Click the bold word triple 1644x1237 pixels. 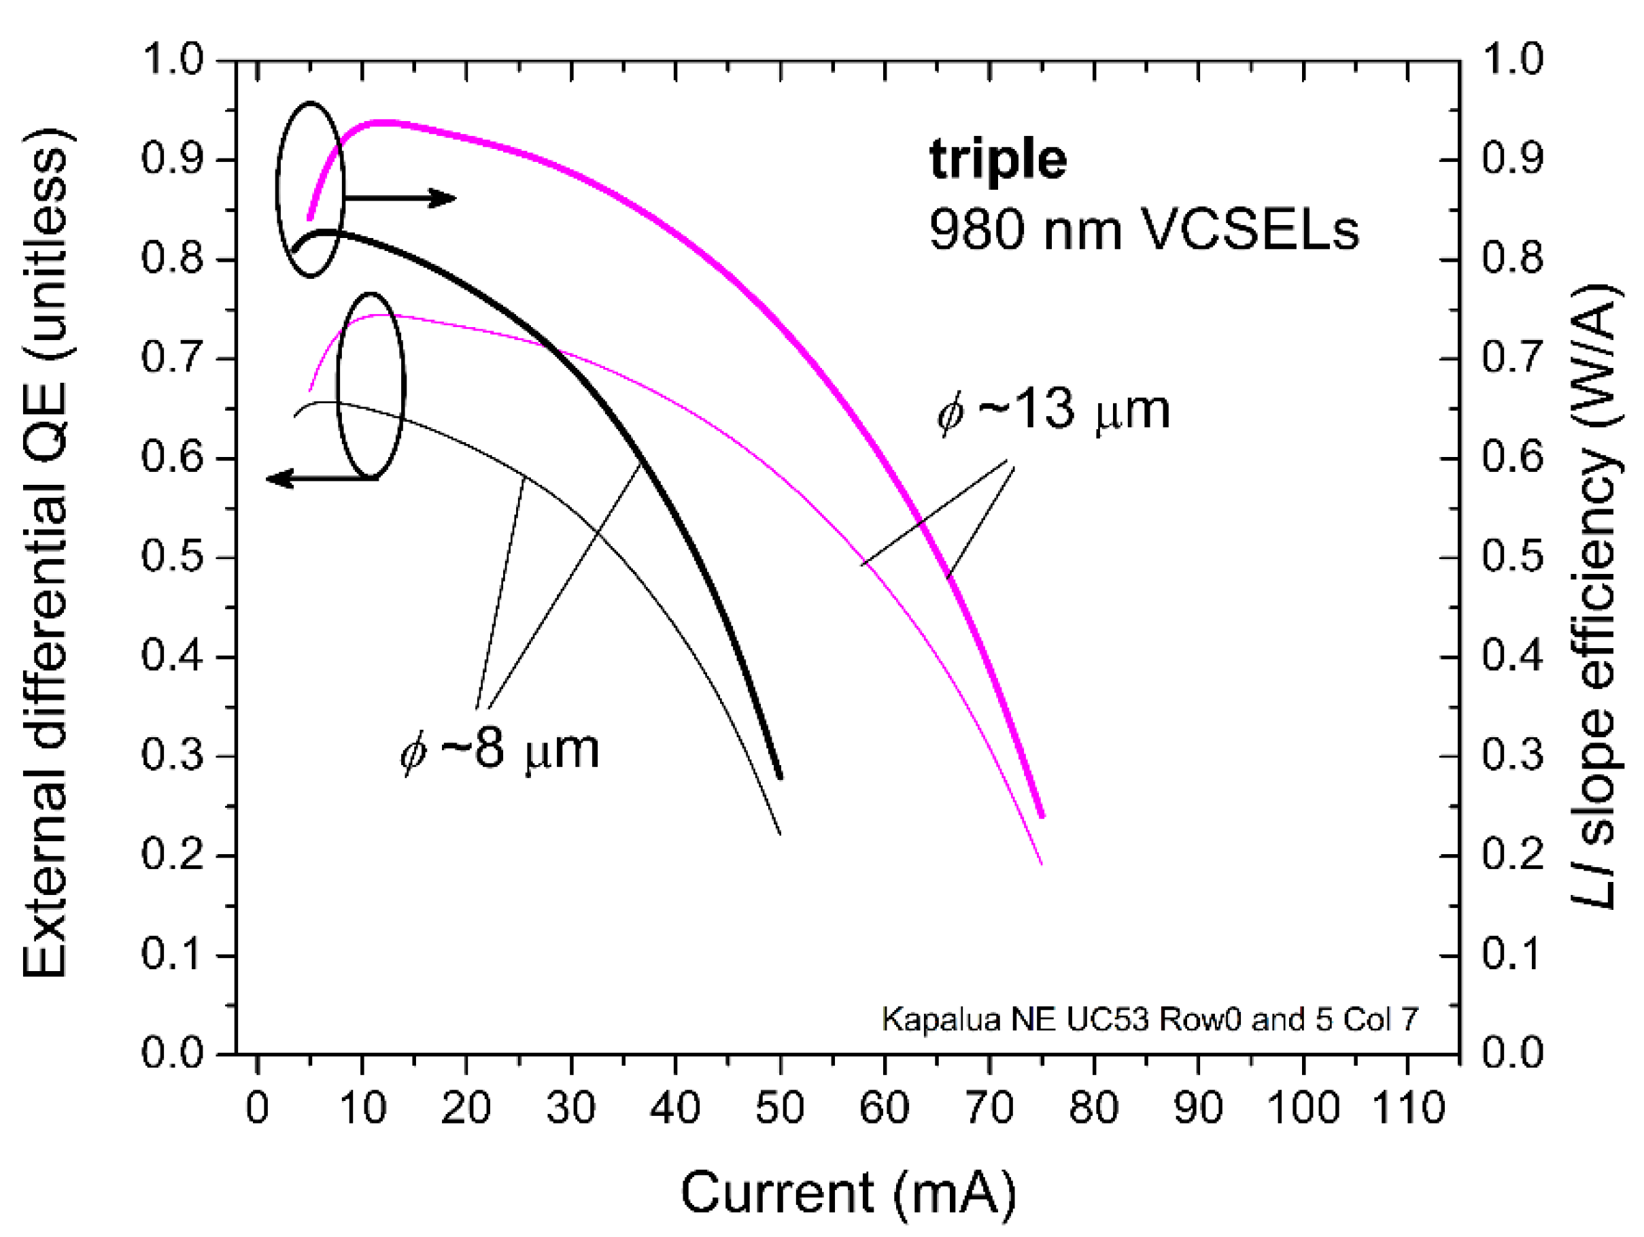(x=997, y=160)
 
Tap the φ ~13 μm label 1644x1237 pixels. (x=1053, y=410)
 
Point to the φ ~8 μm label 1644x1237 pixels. (x=498, y=749)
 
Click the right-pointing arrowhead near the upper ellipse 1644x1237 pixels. (x=446, y=199)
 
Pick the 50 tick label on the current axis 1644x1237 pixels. (x=780, y=1108)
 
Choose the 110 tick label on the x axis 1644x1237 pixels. (x=1407, y=1108)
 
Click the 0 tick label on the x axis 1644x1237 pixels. (x=257, y=1108)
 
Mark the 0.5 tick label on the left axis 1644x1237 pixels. (x=172, y=557)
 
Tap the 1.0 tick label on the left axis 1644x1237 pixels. (x=172, y=59)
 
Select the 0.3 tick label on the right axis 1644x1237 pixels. (x=1513, y=756)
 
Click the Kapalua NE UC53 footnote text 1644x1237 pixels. (x=1150, y=1019)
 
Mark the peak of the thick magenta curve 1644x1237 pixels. (x=383, y=122)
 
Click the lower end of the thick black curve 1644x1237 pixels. (x=780, y=777)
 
